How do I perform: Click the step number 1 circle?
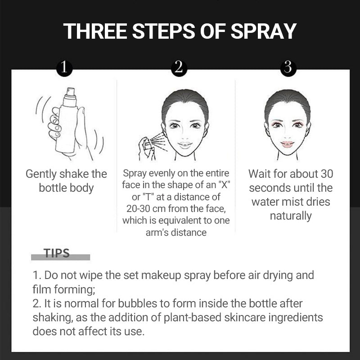click(64, 67)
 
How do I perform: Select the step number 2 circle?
click(179, 67)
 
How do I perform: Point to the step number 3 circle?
click(288, 67)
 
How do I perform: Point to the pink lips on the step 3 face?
click(287, 144)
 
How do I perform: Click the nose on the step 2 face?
click(184, 134)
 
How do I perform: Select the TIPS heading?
click(57, 253)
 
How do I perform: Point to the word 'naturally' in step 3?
click(291, 216)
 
